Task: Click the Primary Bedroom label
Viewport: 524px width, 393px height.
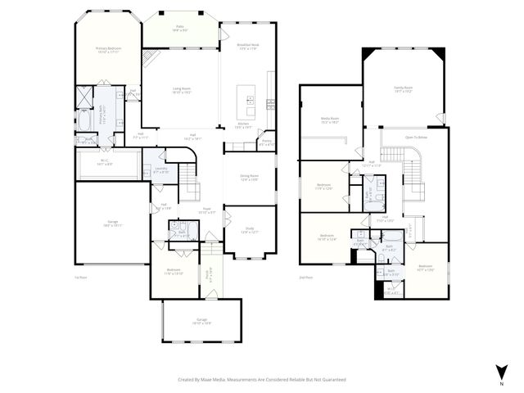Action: click(108, 50)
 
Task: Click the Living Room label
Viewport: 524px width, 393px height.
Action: click(182, 90)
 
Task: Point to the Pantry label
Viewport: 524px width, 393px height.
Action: click(266, 142)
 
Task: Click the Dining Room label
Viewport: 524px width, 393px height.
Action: click(249, 178)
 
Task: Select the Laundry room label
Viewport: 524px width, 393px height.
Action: click(161, 170)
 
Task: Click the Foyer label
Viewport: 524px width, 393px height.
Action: click(206, 210)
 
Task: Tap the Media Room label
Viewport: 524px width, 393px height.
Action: click(329, 120)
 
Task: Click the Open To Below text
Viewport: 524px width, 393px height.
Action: click(417, 138)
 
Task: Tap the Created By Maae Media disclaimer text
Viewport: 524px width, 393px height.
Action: click(262, 380)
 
